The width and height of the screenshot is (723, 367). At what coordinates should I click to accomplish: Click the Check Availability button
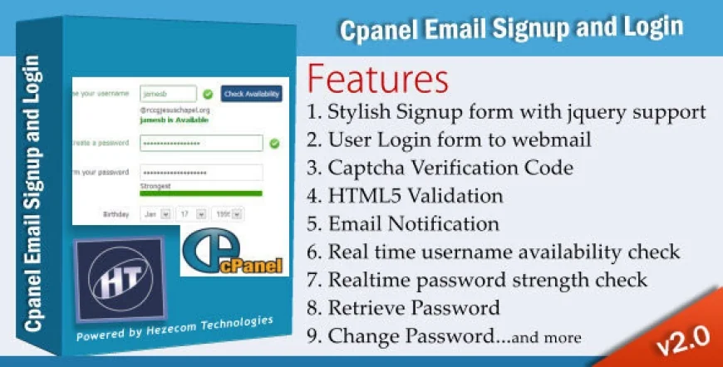pos(251,94)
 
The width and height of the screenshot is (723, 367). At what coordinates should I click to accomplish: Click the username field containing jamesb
pos(168,94)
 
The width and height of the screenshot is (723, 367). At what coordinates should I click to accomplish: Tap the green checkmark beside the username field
pos(208,94)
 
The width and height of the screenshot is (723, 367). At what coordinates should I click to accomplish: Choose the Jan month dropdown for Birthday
pos(155,213)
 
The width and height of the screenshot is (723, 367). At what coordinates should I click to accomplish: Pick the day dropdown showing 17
pos(191,213)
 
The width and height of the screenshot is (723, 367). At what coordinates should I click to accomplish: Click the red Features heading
pos(378,79)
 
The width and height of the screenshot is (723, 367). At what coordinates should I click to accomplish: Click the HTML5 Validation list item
pos(416,196)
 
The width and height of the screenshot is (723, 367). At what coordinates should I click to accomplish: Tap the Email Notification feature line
pos(414,224)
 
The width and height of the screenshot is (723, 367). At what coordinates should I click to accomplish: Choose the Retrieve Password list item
pos(414,308)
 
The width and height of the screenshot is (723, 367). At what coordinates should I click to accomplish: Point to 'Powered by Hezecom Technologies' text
pos(174,327)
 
